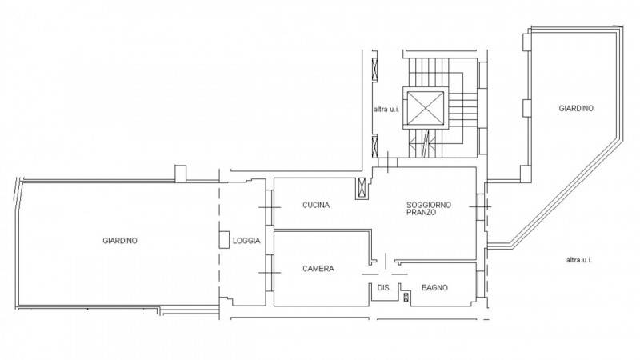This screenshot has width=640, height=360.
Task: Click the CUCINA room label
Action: point(316,205)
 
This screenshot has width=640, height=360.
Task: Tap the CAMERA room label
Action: point(318,269)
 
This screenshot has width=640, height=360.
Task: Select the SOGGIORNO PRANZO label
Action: point(429,209)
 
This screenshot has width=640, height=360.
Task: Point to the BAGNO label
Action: point(434,288)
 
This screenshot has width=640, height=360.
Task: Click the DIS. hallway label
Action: point(384,288)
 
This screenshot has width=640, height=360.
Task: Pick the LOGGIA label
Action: point(246,241)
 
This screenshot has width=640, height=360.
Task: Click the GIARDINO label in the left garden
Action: point(120,241)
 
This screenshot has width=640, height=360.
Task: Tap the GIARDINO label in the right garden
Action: point(576,109)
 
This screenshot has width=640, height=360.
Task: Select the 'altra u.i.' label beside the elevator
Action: point(386,110)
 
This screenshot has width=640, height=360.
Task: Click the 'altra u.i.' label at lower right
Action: point(579,259)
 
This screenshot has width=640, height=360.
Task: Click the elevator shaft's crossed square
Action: point(426,108)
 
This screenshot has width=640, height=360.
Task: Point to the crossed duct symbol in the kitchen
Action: point(362,189)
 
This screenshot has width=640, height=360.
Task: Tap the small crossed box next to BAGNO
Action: point(406,297)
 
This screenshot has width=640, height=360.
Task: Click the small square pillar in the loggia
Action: point(224,239)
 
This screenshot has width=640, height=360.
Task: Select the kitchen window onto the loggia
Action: point(270,207)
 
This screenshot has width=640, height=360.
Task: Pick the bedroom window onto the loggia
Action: point(270,273)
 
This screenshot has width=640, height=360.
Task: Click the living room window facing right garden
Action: point(481,207)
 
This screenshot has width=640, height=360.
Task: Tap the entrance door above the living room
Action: point(387,162)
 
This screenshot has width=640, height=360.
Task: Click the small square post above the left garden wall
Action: point(181,174)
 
